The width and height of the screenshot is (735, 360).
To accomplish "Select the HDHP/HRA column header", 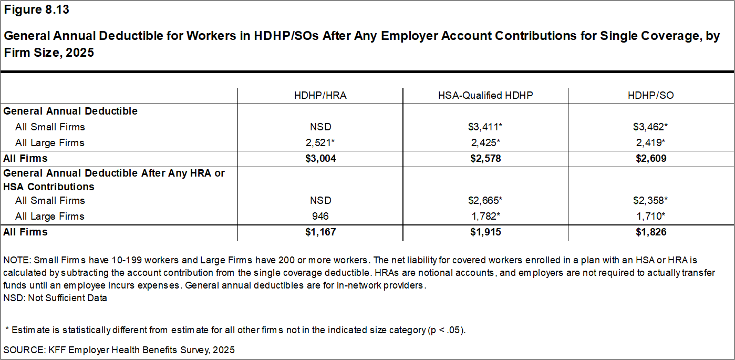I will click(x=320, y=96).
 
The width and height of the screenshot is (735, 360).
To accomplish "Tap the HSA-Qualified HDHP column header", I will click(x=485, y=96).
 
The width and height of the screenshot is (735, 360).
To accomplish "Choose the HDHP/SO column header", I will click(x=651, y=96).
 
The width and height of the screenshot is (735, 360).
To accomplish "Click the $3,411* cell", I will click(x=485, y=127).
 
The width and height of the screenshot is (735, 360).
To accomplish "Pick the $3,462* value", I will click(x=651, y=127).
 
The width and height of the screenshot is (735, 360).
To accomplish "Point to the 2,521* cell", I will click(x=320, y=143).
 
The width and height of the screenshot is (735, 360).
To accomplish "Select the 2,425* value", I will click(x=485, y=143).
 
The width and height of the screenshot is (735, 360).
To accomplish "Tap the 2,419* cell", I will click(x=651, y=143).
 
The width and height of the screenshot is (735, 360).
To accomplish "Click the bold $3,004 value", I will click(x=320, y=159).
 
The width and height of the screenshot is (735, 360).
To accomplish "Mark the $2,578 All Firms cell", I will click(x=485, y=159).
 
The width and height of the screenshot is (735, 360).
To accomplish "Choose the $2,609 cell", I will click(x=651, y=159).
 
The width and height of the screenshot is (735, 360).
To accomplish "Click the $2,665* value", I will click(x=485, y=201).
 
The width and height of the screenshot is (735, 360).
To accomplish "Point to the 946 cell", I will click(x=320, y=217).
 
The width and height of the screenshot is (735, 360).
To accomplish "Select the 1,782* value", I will click(x=485, y=217).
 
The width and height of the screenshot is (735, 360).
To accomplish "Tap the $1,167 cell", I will click(x=320, y=232).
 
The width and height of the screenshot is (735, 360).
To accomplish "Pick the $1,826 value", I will click(x=651, y=232).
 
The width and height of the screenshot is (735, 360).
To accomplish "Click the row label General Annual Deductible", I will click(x=70, y=111).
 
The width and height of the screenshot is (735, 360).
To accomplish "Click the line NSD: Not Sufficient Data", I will click(x=55, y=298).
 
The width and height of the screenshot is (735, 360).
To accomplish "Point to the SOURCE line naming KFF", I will click(x=119, y=349).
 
